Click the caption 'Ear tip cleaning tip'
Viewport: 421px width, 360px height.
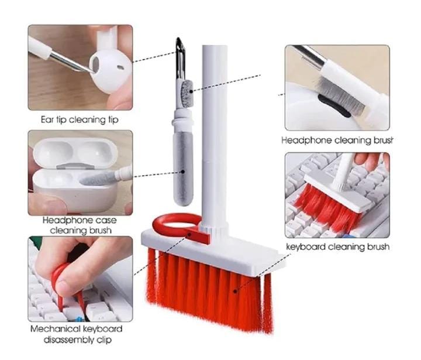80,120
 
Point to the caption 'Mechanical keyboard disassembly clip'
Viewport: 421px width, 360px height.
76,334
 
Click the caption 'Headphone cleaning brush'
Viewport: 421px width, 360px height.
337,140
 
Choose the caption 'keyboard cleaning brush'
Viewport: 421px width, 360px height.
337,247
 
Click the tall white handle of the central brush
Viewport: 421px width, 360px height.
210,135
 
